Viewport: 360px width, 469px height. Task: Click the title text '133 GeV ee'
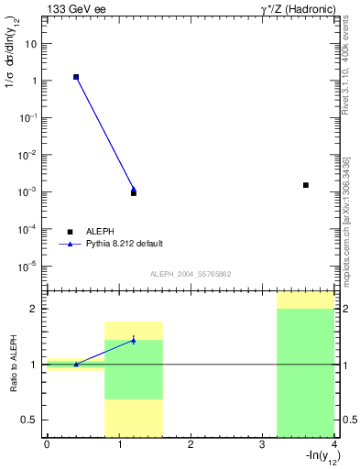(x=74, y=9)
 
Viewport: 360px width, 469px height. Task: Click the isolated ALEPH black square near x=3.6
(x=306, y=185)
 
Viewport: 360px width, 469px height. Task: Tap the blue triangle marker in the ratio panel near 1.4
(x=134, y=340)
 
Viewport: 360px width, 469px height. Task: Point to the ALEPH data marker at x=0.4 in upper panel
(x=76, y=77)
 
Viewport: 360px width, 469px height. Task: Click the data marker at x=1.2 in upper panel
(x=134, y=192)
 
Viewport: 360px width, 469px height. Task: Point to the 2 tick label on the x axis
(x=190, y=444)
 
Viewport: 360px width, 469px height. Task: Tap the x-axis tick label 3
(x=262, y=444)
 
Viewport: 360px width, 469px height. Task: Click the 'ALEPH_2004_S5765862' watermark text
(x=189, y=275)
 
